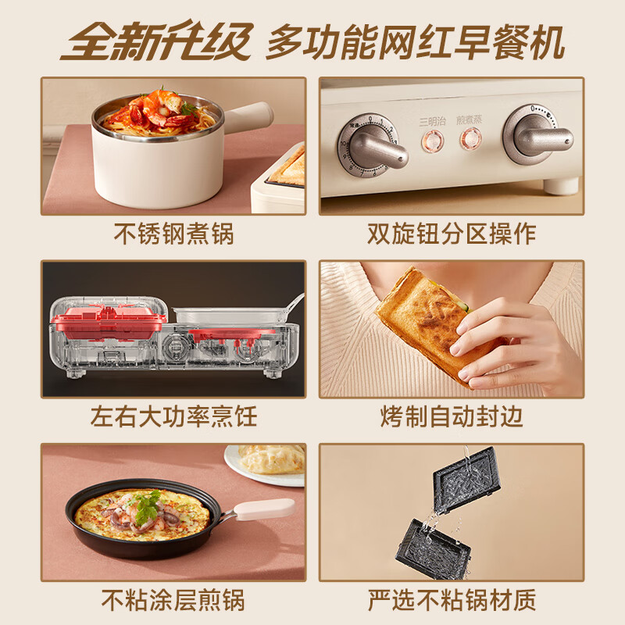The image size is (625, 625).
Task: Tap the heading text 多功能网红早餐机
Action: tap(415, 42)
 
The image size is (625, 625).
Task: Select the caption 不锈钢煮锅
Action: tap(173, 233)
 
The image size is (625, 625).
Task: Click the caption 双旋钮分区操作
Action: tap(452, 233)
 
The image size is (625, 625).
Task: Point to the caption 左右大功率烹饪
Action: tap(173, 416)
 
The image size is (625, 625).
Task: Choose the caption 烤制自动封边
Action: tap(452, 416)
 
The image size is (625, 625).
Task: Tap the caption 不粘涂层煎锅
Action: tap(173, 599)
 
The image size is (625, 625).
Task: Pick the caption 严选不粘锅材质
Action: tap(452, 599)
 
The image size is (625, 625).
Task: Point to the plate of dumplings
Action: tap(266, 462)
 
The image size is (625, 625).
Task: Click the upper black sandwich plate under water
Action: tap(466, 478)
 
